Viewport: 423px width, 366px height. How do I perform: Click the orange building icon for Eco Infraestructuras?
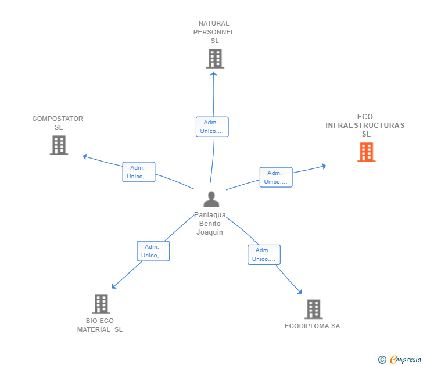click(366, 152)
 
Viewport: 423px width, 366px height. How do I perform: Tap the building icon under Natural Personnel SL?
click(215, 59)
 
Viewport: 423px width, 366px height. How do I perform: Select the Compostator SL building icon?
click(59, 145)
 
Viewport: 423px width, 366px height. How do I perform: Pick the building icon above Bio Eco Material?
click(101, 304)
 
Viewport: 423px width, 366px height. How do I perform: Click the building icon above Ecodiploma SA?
click(314, 309)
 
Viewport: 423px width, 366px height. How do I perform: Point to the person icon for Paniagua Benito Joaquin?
click(212, 199)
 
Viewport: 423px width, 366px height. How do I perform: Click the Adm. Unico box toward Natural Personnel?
click(212, 127)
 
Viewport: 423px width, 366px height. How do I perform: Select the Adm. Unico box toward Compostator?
click(139, 172)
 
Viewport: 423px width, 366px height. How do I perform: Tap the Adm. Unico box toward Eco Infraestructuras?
click(276, 177)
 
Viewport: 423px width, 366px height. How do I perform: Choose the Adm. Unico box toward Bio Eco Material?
click(153, 251)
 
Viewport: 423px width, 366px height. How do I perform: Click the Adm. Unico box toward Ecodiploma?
click(264, 254)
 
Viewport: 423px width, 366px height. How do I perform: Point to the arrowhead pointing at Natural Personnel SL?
click(214, 74)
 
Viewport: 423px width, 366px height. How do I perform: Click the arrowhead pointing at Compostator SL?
click(85, 156)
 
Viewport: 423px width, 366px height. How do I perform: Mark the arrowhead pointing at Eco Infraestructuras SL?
click(324, 166)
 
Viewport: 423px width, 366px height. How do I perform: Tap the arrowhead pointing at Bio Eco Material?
click(114, 286)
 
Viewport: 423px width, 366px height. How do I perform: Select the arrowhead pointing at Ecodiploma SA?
click(300, 292)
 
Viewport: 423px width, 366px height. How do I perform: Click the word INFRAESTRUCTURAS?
click(365, 125)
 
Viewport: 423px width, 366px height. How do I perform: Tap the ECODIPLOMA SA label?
click(313, 326)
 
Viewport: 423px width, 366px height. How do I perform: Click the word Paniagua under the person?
click(210, 215)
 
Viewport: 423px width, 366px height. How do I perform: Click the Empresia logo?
click(400, 359)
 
